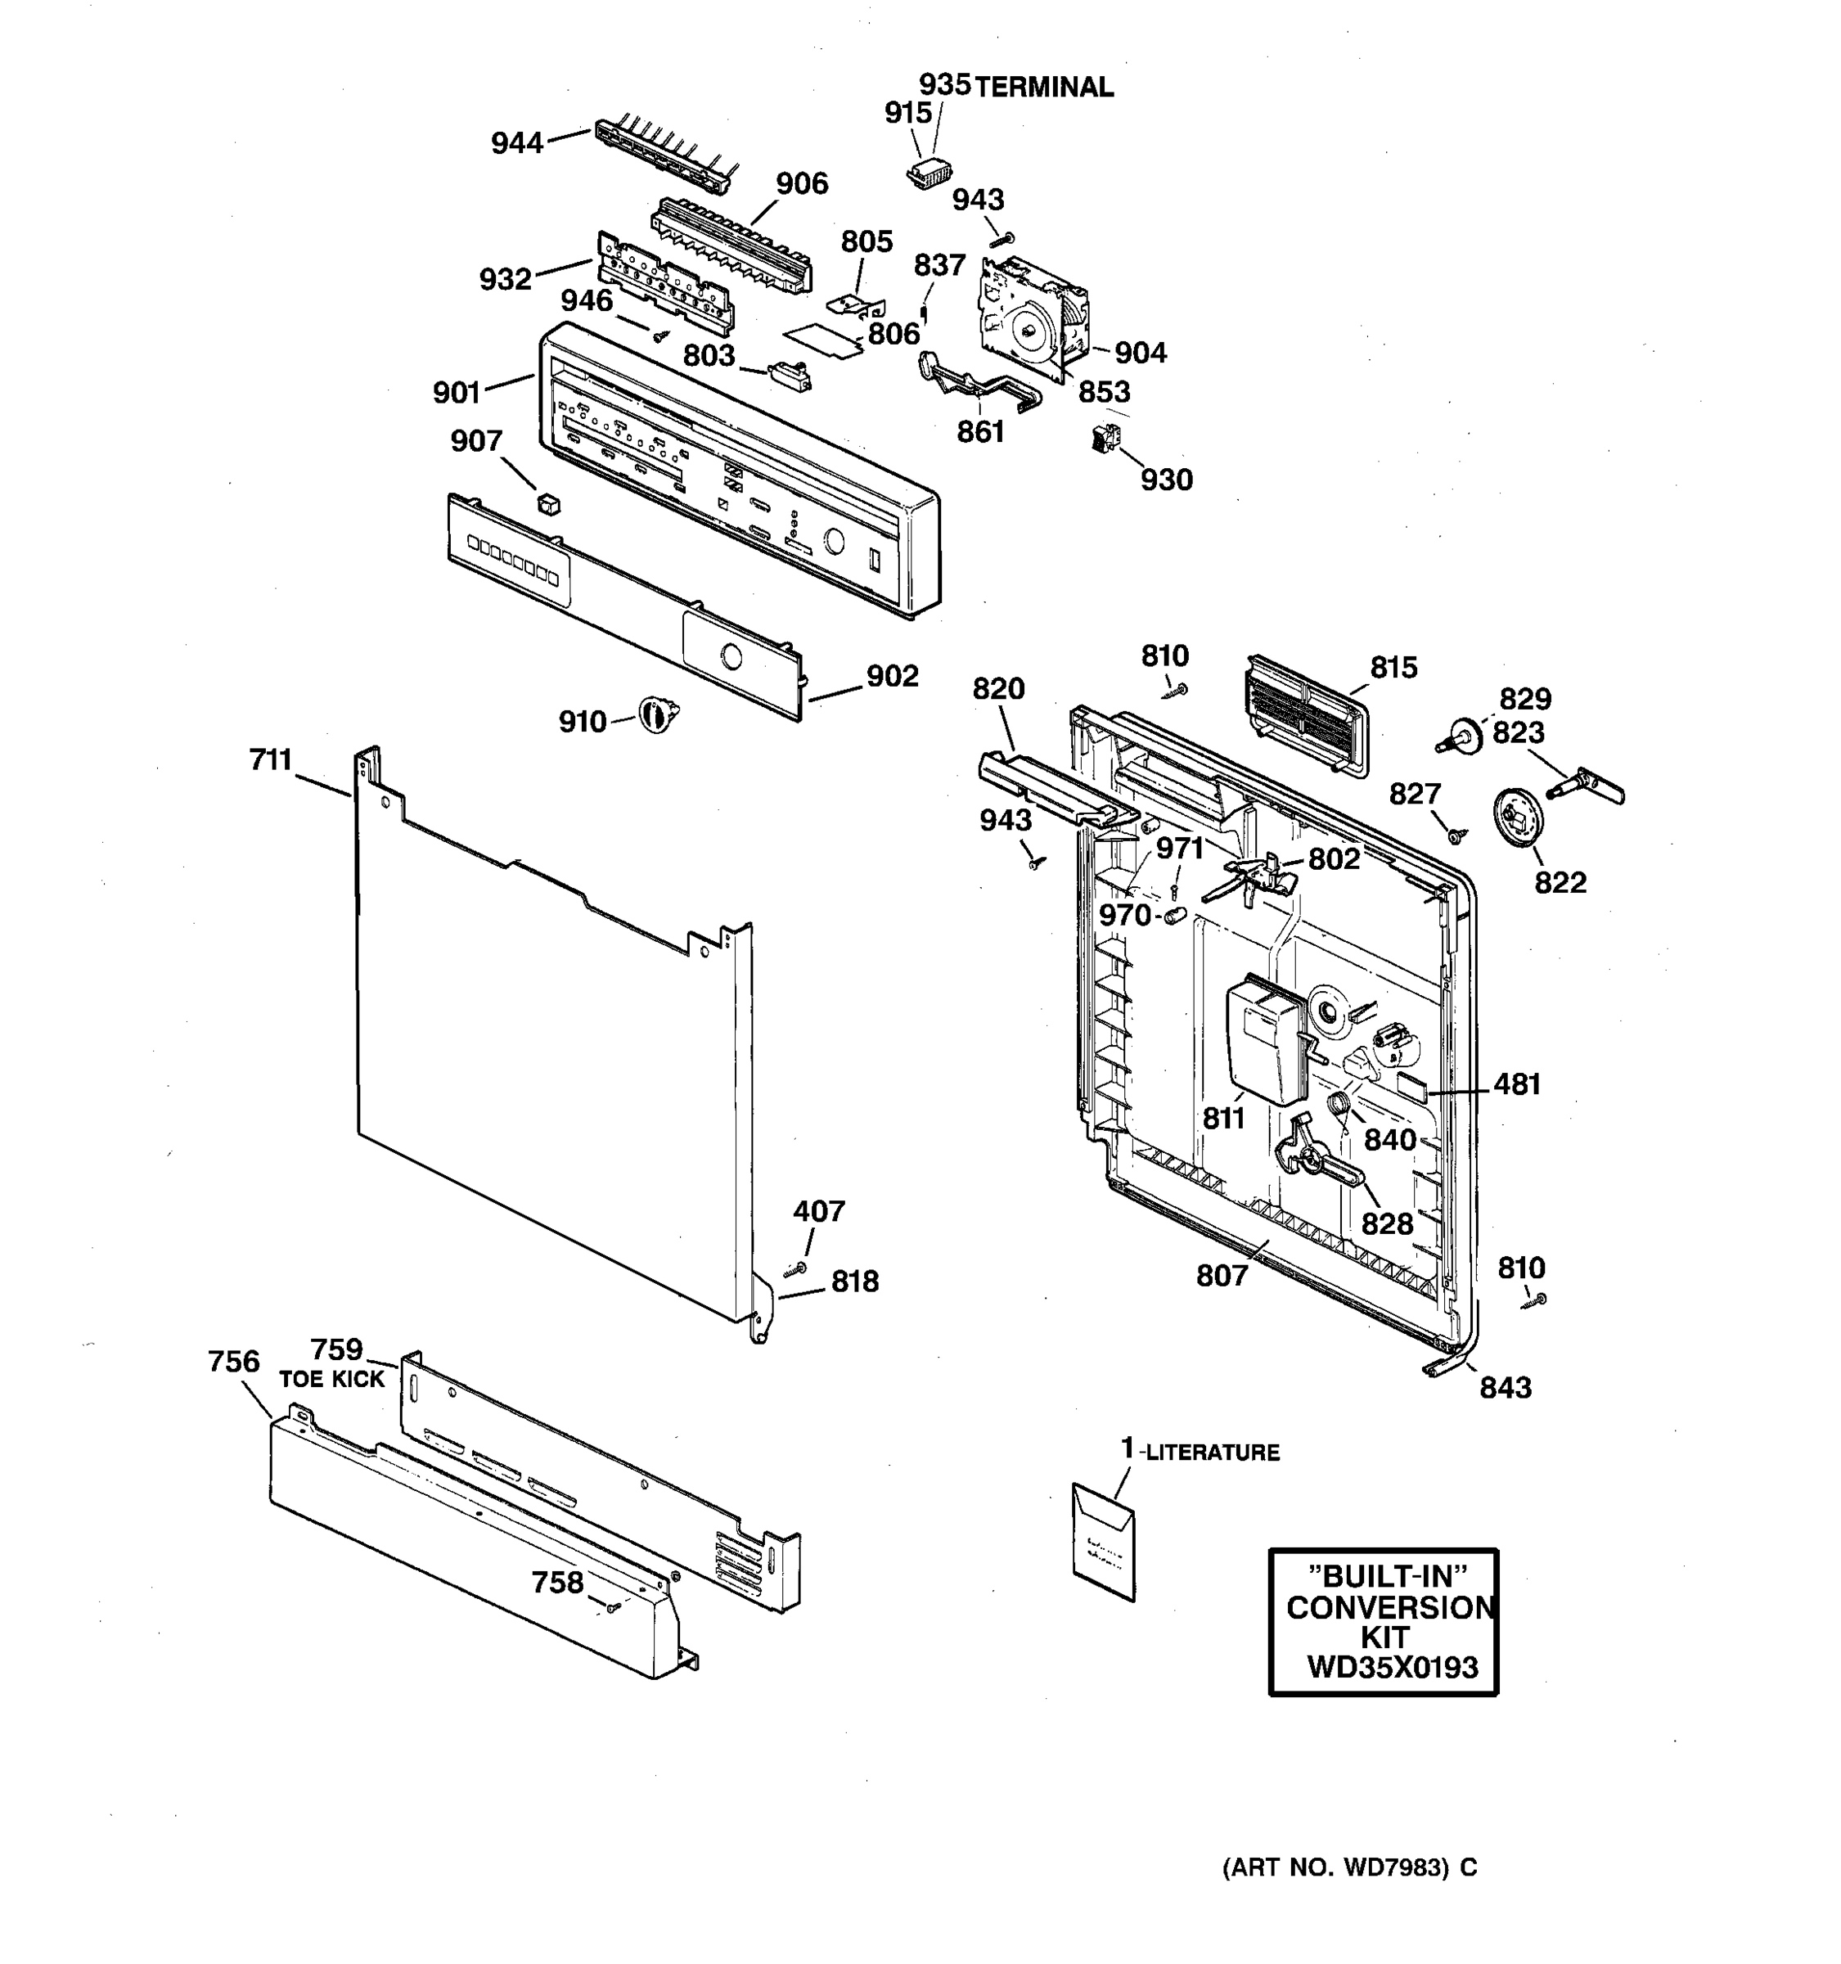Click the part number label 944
[x=516, y=144]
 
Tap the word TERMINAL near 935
[x=1044, y=88]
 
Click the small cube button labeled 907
[x=548, y=504]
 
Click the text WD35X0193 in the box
[x=1392, y=1668]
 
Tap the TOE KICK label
[x=331, y=1379]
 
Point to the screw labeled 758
[x=612, y=1607]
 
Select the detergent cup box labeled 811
[x=1264, y=1040]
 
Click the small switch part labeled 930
[x=1101, y=439]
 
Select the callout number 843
[x=1506, y=1387]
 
